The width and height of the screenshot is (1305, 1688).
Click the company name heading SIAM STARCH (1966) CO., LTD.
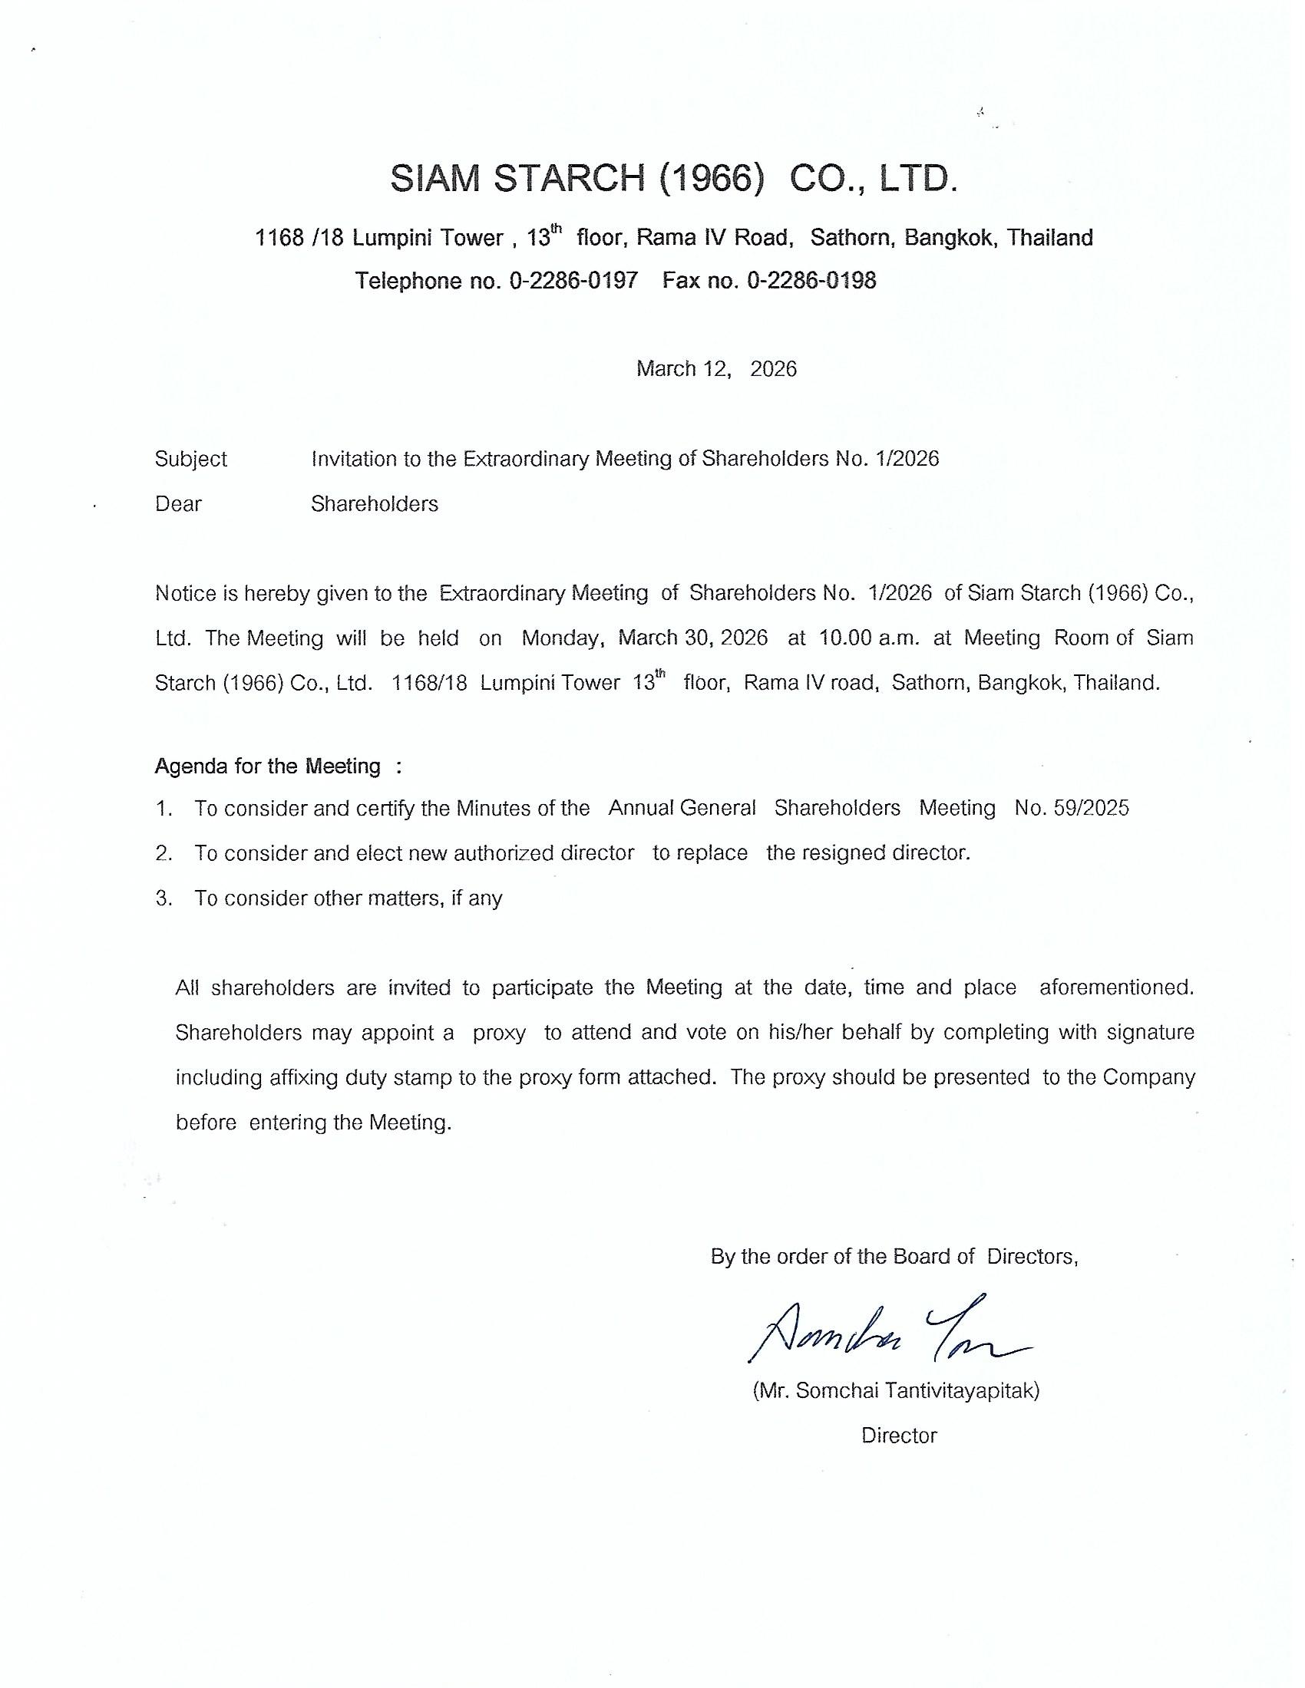673,180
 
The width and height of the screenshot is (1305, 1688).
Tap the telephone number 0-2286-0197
573,280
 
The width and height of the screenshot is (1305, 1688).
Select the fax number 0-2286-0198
811,280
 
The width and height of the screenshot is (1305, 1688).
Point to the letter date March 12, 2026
716,368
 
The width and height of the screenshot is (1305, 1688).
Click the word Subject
191,459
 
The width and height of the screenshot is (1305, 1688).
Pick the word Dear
179,504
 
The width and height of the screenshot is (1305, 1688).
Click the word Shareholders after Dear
374,504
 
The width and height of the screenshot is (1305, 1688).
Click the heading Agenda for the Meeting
267,766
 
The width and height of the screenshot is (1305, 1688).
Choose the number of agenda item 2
163,853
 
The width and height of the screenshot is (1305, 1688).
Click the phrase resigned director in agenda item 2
867,852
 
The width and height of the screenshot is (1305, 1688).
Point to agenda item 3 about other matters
348,898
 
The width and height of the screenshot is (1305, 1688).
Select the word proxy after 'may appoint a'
499,1033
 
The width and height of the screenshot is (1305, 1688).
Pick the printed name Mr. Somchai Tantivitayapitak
896,1391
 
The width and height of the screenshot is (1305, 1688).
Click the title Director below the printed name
899,1436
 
